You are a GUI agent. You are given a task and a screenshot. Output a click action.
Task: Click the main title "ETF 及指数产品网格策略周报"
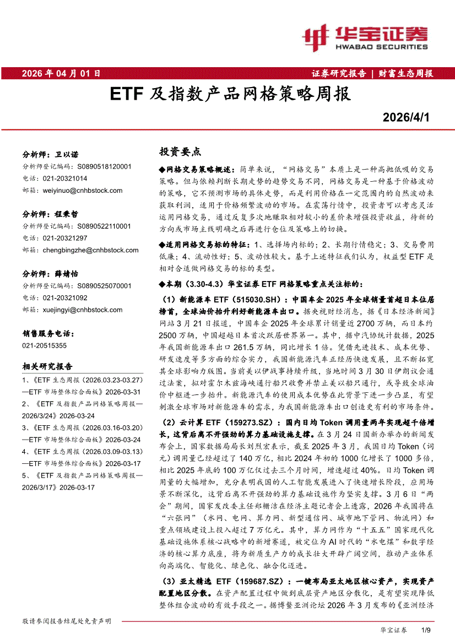click(x=230, y=94)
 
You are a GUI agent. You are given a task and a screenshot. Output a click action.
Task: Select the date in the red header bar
click(x=61, y=73)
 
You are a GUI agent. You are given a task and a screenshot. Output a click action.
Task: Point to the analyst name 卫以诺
click(x=67, y=154)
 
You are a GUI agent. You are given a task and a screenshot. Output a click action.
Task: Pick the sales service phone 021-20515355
click(x=45, y=345)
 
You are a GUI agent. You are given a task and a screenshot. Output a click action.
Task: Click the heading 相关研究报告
click(x=47, y=366)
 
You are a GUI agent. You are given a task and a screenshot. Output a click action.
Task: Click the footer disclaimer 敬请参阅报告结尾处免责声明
click(x=67, y=621)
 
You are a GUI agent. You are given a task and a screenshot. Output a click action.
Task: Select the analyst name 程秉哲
click(x=67, y=214)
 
